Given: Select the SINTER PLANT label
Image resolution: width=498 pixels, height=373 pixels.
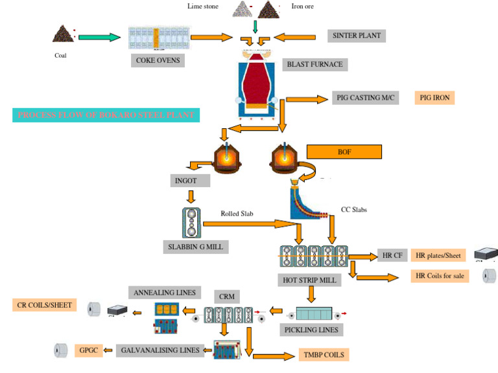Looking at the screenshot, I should [x=356, y=36].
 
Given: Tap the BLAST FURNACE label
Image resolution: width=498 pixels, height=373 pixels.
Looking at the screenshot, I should [x=314, y=64].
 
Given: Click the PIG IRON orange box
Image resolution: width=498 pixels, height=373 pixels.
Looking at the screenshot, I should [x=434, y=98].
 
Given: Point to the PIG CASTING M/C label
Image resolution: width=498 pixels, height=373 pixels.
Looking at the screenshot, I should [x=365, y=98].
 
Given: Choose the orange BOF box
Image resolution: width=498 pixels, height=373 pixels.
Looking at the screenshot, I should [x=344, y=152].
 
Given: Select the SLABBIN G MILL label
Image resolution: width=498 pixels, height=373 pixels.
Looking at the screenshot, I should [x=196, y=247].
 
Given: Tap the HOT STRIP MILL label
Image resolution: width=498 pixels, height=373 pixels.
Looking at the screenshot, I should [x=310, y=280].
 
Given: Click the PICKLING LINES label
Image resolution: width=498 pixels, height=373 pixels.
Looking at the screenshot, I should [x=311, y=330].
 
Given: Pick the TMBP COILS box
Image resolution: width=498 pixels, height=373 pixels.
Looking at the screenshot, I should [x=324, y=355].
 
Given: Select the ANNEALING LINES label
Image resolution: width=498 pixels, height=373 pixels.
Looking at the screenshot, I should [x=165, y=293].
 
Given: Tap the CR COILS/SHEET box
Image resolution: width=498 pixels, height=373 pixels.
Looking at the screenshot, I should [x=44, y=304].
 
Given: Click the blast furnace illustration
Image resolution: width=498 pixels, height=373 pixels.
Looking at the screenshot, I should [x=258, y=87].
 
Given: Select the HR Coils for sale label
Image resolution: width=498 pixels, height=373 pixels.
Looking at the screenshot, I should [x=440, y=276].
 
